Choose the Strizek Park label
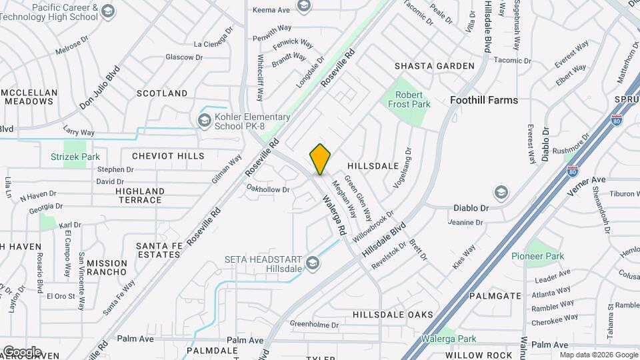pyautogui.click(x=75, y=157)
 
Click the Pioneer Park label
pyautogui.click(x=537, y=256)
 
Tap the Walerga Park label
pyautogui.click(x=447, y=339)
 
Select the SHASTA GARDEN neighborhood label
pyautogui.click(x=434, y=66)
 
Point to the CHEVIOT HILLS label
pyautogui.click(x=168, y=155)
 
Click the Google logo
pyautogui.click(x=21, y=351)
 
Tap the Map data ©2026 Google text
pyautogui.click(x=598, y=355)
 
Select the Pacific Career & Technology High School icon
pyautogui.click(x=108, y=11)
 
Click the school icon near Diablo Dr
pyautogui.click(x=500, y=193)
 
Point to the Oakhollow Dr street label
pyautogui.click(x=268, y=189)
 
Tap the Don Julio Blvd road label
pyautogui.click(x=99, y=88)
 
